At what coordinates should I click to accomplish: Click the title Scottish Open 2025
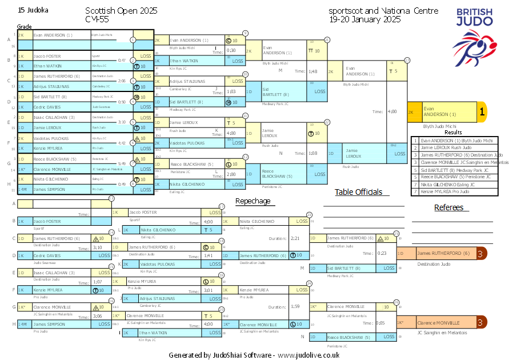[121, 11]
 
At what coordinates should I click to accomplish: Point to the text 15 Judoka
[33, 10]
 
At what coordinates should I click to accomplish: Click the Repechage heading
[253, 201]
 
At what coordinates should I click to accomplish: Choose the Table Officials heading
[358, 192]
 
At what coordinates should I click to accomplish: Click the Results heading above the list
[453, 132]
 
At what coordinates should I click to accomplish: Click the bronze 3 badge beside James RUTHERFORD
[482, 253]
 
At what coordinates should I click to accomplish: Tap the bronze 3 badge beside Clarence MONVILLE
[482, 323]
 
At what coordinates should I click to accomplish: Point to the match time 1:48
[312, 71]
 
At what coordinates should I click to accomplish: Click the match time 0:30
[231, 50]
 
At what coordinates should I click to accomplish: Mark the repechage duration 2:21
[295, 238]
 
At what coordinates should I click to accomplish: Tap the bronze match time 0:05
[380, 323]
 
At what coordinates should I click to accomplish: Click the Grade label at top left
[24, 26]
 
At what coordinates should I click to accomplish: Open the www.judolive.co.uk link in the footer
[309, 355]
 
